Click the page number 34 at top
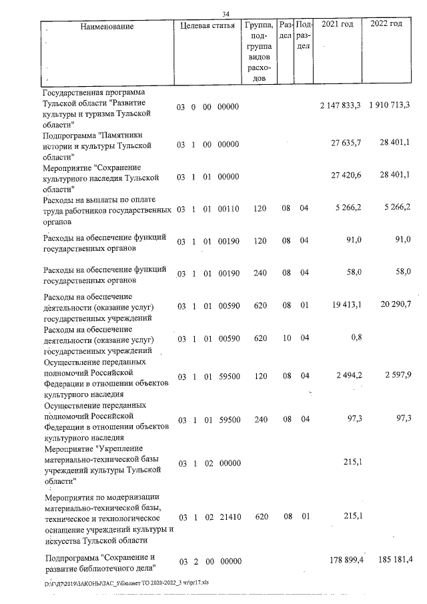click(x=226, y=15)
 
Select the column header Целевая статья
click(x=207, y=26)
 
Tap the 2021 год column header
click(x=337, y=25)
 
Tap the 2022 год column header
click(x=386, y=25)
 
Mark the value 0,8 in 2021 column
click(x=356, y=338)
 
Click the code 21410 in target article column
click(x=228, y=517)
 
